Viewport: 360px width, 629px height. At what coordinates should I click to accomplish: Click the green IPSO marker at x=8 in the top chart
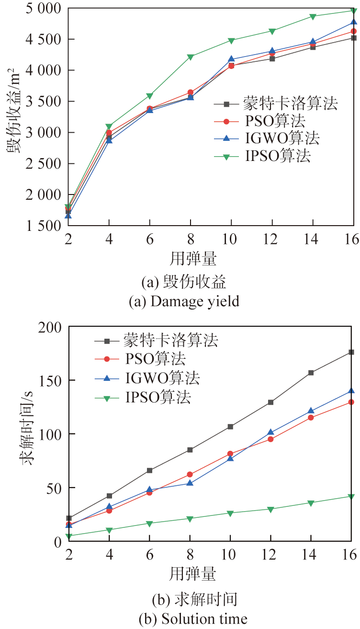(191, 57)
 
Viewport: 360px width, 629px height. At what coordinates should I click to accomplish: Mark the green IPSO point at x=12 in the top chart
(272, 31)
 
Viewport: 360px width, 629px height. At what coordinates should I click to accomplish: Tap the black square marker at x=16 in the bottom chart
(351, 352)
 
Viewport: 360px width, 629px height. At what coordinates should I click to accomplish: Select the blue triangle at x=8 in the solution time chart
(190, 483)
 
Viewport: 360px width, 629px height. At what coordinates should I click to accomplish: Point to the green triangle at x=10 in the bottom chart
(230, 514)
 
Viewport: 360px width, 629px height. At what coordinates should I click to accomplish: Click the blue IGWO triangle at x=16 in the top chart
(353, 23)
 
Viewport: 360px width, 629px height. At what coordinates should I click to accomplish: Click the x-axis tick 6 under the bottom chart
(150, 555)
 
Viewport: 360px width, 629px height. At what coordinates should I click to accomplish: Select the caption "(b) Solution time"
(193, 619)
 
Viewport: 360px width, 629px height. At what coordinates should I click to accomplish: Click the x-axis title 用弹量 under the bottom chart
(192, 573)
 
